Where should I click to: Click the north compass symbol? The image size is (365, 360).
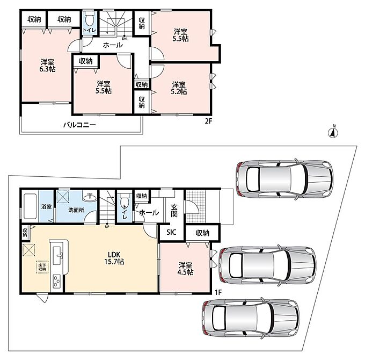(333, 132)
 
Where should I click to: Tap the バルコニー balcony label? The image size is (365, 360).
(79, 125)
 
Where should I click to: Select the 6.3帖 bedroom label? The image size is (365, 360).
(47, 66)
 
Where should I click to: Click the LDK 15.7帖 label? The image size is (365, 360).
(114, 258)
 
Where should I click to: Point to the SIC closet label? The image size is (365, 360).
(171, 232)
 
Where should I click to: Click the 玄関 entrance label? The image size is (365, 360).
(174, 211)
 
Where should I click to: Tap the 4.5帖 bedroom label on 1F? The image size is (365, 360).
(185, 269)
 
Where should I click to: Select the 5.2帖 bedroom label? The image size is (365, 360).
(179, 88)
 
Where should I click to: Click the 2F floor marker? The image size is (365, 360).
(208, 121)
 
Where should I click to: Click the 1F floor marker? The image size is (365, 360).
(218, 292)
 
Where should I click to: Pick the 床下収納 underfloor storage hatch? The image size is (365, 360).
(42, 267)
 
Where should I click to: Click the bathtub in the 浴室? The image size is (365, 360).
(30, 206)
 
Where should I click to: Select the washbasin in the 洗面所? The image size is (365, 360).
(90, 197)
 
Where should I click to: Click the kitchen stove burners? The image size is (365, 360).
(56, 282)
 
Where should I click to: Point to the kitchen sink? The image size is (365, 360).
(57, 256)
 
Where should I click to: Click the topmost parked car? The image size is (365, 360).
(284, 179)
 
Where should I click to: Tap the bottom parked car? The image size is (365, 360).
(251, 317)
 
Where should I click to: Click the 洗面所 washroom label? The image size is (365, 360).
(76, 210)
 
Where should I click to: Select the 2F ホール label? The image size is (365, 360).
(113, 45)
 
